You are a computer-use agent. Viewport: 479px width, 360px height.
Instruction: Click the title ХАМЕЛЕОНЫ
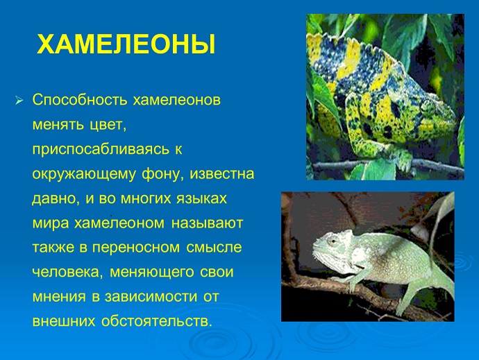[126, 44]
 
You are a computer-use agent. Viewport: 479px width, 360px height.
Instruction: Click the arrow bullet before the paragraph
[19, 100]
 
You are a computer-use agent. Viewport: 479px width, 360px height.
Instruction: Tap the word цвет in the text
[108, 125]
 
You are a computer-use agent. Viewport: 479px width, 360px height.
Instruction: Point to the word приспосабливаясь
[101, 150]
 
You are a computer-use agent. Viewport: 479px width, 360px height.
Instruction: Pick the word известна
[221, 174]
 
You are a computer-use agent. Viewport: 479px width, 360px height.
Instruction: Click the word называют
[207, 223]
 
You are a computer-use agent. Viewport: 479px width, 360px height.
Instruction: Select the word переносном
[136, 248]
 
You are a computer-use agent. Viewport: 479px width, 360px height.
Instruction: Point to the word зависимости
[151, 297]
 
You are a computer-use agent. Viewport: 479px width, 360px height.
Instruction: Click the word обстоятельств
[157, 321]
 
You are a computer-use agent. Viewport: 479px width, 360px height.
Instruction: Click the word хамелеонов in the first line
[176, 100]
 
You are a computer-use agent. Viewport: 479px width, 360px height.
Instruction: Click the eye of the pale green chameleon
[331, 241]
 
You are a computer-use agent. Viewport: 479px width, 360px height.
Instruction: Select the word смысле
[214, 248]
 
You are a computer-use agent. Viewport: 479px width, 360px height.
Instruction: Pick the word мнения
[59, 297]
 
